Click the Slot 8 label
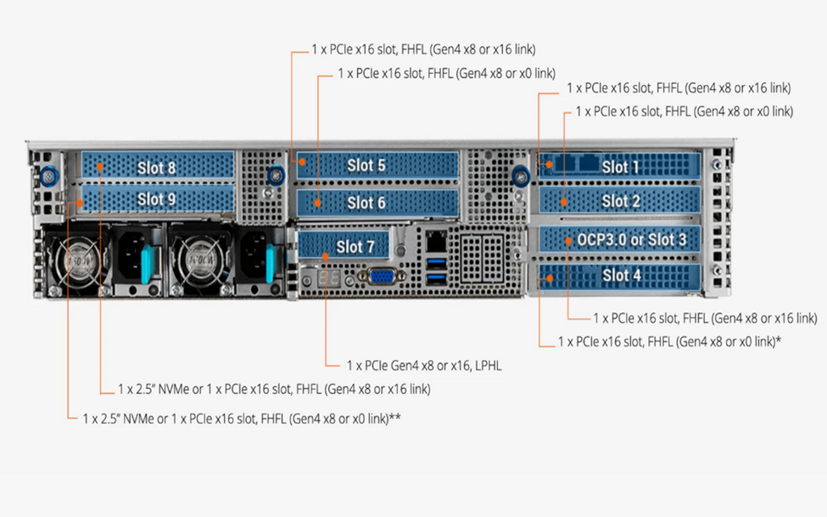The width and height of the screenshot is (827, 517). tap(157, 167)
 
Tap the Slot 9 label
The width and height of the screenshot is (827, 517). tap(157, 199)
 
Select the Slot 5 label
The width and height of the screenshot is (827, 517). tap(366, 166)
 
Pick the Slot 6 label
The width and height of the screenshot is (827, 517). tap(366, 203)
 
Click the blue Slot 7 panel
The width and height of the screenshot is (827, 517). tap(344, 247)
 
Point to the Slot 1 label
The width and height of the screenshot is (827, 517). tap(621, 166)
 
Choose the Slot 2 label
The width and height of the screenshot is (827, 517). tap(621, 201)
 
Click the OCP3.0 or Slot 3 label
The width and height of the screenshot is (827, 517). tap(632, 239)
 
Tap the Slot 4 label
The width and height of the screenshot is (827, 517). tap(621, 275)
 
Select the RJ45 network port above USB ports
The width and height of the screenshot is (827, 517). tap(436, 239)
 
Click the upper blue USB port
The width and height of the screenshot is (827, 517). tap(436, 261)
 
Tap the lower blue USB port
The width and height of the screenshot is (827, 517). tap(436, 277)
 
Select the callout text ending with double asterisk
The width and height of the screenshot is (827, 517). tap(242, 419)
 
